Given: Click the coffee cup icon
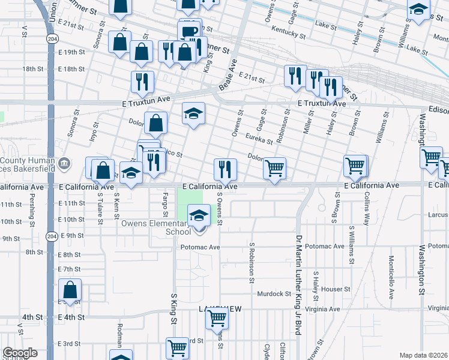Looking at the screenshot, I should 188,32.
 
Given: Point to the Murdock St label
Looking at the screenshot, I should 274,294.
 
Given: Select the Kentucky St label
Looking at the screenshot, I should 285,29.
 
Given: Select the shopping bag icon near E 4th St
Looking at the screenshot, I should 70,291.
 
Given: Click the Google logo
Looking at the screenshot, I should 20,353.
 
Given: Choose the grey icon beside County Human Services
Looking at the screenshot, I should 65,163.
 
